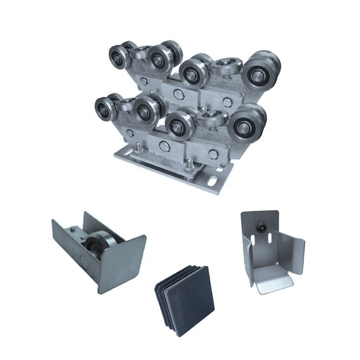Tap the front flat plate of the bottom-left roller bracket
click(123, 263)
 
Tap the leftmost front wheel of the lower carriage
click(105, 109)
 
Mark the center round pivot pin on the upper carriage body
click(178, 93)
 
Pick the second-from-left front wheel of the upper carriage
click(159, 59)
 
